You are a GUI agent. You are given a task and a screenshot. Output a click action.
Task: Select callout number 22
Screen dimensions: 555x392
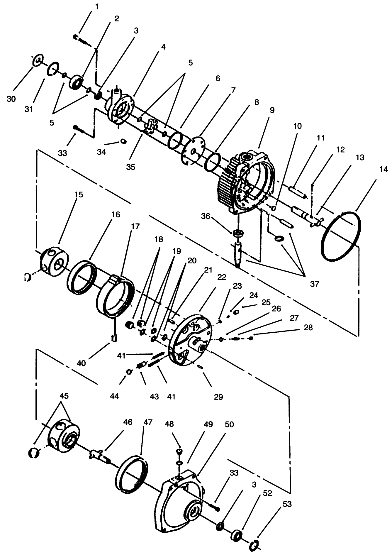tap(222, 277)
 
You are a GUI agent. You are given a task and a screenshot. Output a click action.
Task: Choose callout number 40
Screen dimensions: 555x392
tap(81, 363)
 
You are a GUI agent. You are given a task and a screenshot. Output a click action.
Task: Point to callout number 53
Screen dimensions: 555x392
tap(287, 505)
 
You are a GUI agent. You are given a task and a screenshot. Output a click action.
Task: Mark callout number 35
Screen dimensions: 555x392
tap(130, 167)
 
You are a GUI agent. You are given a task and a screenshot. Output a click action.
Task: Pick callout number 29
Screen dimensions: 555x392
tap(218, 397)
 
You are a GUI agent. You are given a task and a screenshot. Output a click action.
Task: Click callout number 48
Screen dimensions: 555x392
tap(169, 424)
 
